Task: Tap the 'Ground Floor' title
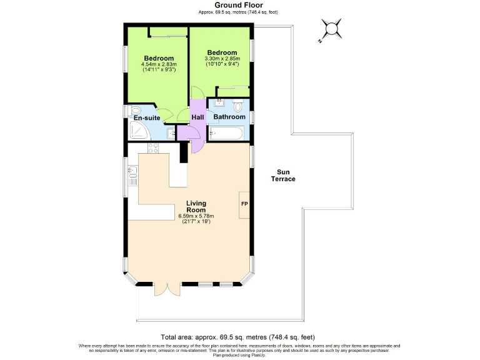click(239, 5)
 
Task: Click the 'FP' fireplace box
click(244, 204)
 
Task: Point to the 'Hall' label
click(197, 117)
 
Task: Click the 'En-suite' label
click(147, 117)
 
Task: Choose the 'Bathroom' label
click(229, 117)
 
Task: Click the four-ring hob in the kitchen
click(152, 149)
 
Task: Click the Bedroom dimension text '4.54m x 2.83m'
click(159, 64)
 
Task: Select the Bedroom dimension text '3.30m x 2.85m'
click(222, 59)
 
